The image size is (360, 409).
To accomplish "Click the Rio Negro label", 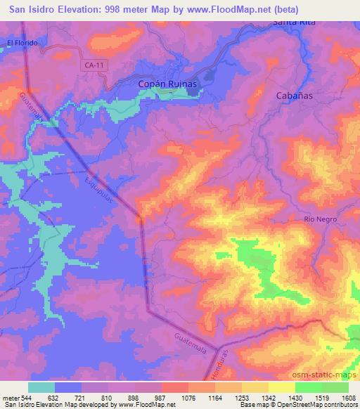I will click(x=321, y=219).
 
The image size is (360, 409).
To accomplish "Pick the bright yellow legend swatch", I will click(x=282, y=387).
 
